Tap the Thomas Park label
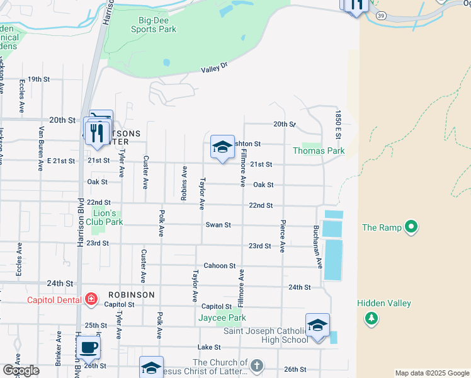tap(319, 151)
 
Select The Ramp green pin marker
tap(411, 226)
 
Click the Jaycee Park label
tap(222, 318)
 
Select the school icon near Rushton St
tap(222, 147)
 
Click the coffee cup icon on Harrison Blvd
tap(89, 347)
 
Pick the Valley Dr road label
tap(214, 70)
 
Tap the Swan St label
tap(218, 225)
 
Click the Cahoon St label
tap(219, 266)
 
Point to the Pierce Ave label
tap(283, 236)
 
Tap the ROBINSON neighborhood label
tap(131, 295)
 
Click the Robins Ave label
tap(184, 183)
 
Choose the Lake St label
tap(208, 347)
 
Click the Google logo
tap(21, 370)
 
